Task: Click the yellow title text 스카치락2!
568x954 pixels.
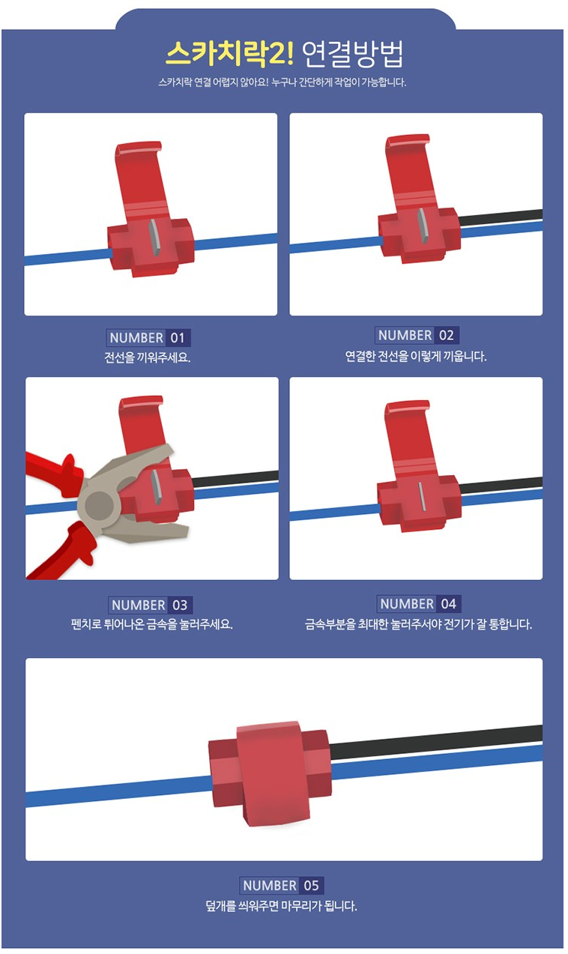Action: [229, 54]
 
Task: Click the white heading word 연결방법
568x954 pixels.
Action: [352, 54]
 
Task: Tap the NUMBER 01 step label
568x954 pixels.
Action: [148, 338]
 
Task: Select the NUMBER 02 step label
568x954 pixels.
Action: [417, 335]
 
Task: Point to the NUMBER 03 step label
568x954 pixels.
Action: [150, 605]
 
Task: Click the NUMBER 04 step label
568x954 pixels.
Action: [419, 603]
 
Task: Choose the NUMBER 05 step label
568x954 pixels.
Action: [282, 886]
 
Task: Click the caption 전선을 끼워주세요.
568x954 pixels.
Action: [148, 357]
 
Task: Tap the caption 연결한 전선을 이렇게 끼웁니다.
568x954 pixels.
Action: [416, 356]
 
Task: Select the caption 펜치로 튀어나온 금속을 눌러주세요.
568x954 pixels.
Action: [152, 624]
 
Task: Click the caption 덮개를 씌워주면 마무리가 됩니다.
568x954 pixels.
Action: [282, 905]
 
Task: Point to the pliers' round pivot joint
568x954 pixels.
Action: [99, 505]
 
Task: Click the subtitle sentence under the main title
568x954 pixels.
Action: [283, 82]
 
